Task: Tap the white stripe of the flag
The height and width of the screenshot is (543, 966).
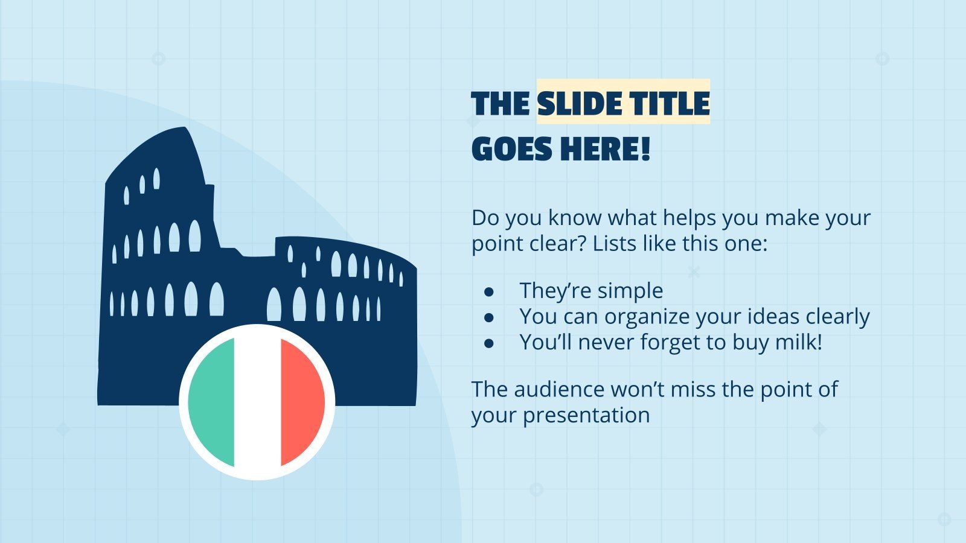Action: coord(257,402)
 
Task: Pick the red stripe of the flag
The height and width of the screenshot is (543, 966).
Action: coord(302,402)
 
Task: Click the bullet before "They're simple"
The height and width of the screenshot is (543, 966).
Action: coord(489,291)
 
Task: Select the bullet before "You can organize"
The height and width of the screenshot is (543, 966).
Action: coord(489,317)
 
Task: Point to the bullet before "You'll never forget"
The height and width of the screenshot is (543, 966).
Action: coord(489,343)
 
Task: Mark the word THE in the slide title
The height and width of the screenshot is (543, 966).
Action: coord(501,103)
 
